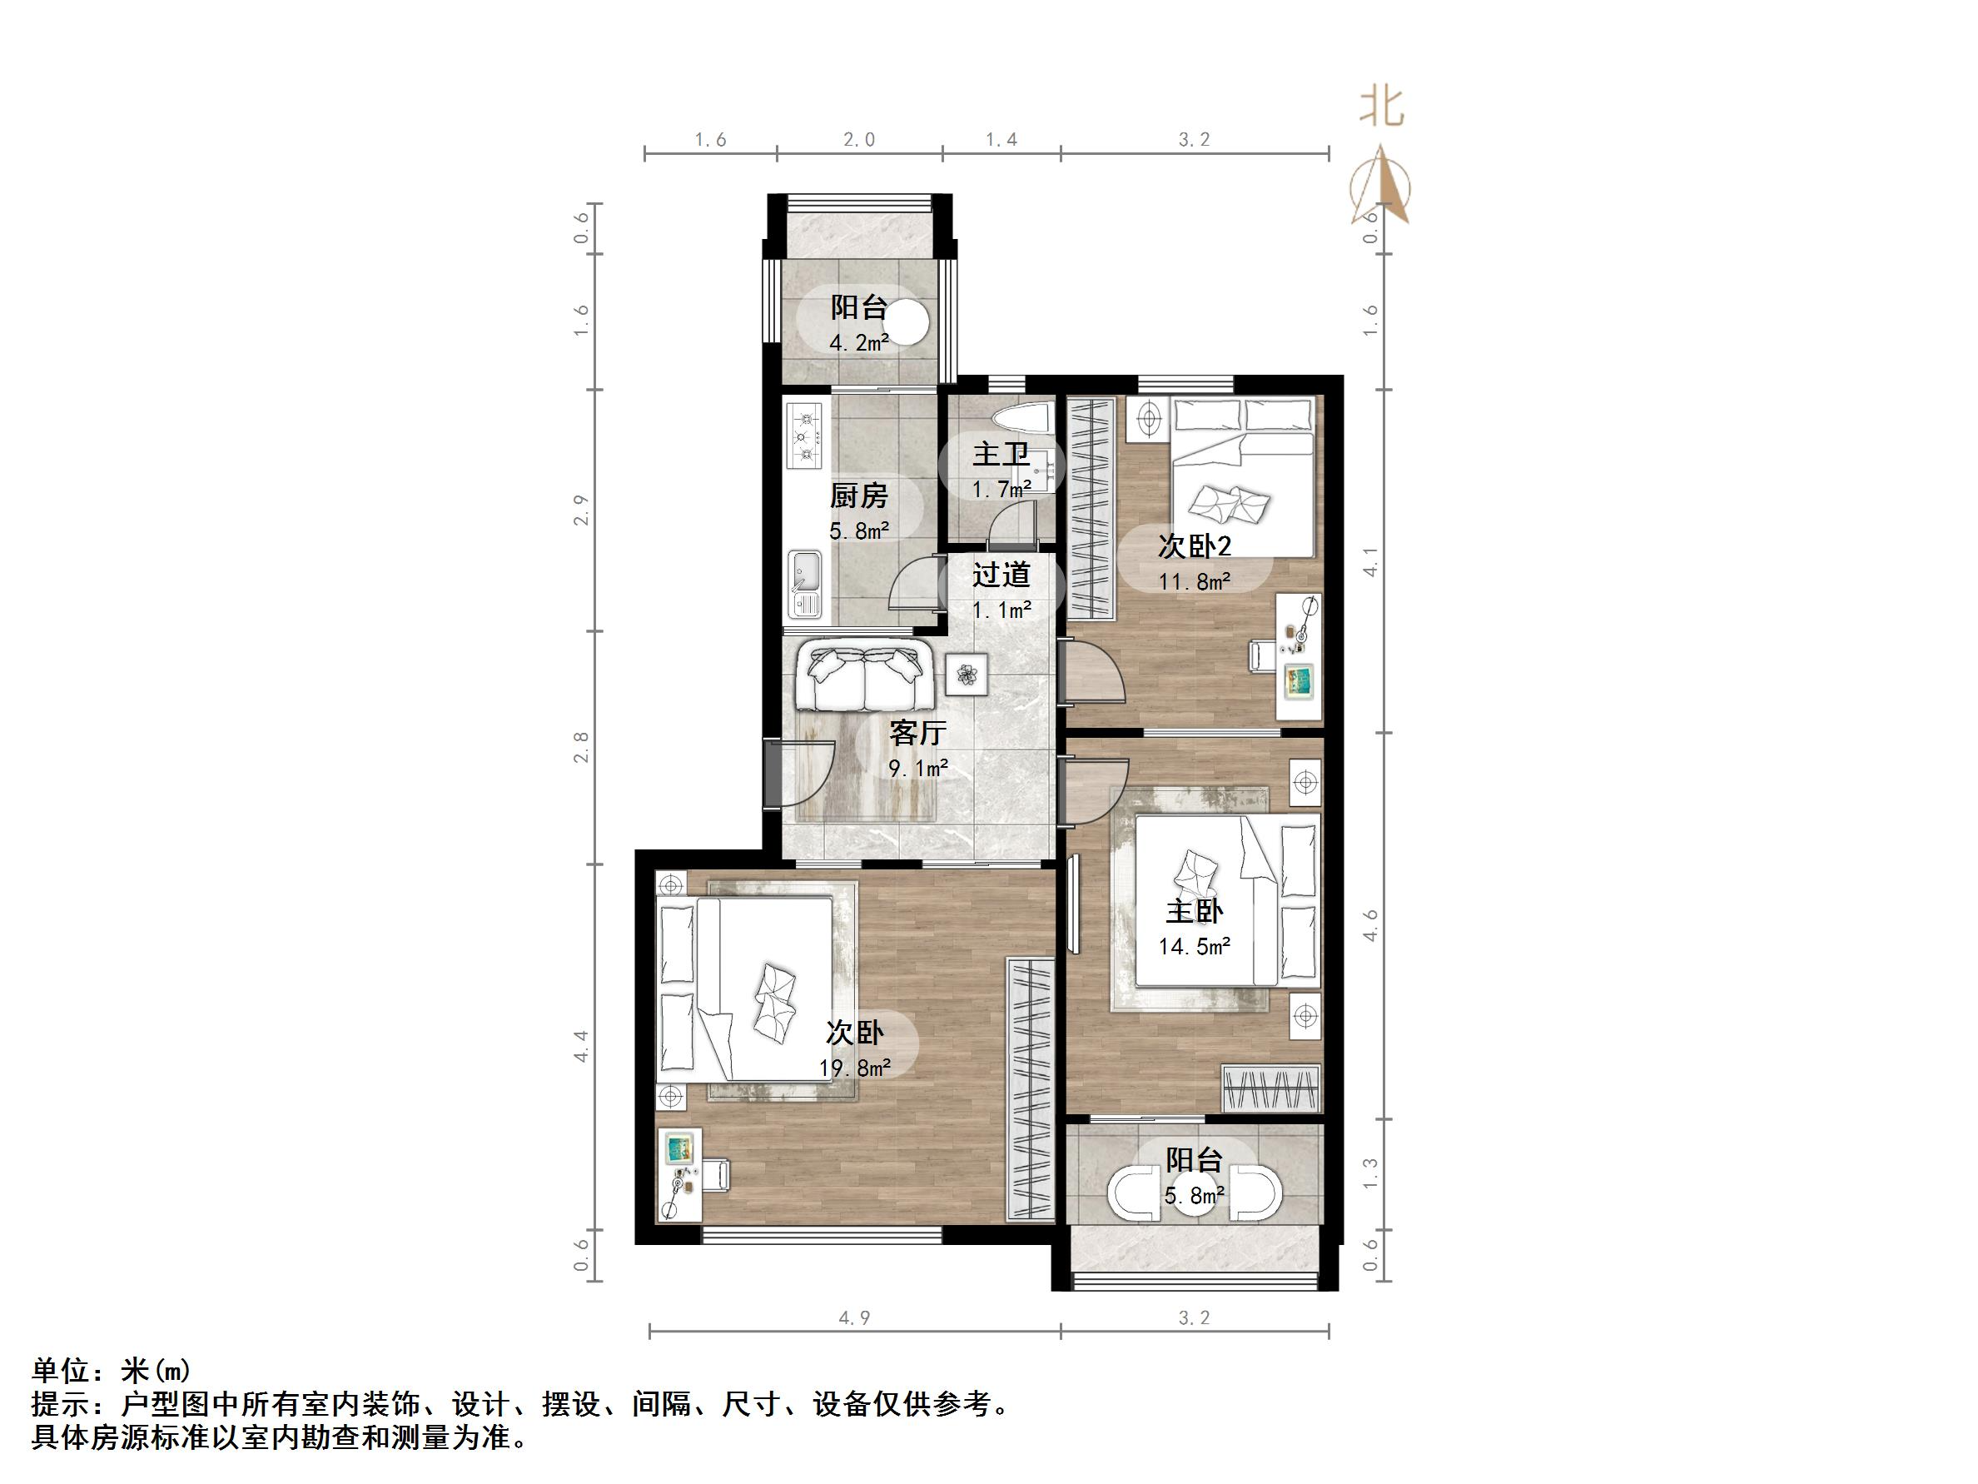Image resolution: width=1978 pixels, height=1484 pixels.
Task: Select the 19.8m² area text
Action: coord(855,1067)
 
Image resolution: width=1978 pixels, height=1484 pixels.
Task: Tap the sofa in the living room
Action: coord(865,677)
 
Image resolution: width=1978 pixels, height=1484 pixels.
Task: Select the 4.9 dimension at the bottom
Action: coord(854,1317)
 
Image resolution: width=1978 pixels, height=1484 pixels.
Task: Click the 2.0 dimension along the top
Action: coord(858,140)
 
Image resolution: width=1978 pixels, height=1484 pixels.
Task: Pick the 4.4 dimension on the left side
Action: coord(582,1046)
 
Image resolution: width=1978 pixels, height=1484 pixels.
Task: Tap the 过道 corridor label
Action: coord(1001,575)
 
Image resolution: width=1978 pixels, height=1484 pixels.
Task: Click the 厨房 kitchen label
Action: coord(858,495)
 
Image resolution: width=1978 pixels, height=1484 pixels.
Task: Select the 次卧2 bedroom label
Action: coord(1195,545)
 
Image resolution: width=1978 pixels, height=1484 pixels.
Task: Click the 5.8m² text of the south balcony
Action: coord(1194,1195)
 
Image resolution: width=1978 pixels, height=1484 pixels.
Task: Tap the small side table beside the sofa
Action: coord(967,674)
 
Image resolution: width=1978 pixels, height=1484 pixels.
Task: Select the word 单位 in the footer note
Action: coord(61,1371)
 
